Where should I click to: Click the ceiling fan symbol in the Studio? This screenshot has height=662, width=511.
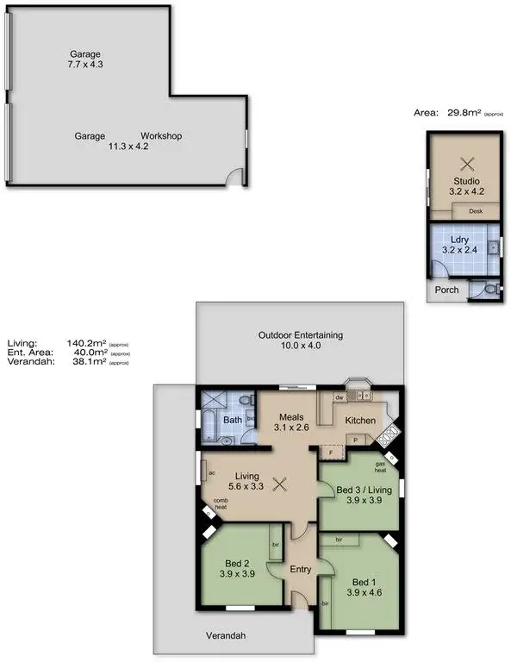pos(467,164)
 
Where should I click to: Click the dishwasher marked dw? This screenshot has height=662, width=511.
pos(341,397)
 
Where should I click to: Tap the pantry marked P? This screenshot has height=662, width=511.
pos(355,440)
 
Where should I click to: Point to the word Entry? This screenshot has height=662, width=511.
pos(301,569)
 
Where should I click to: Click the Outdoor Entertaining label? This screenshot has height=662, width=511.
pos(301,334)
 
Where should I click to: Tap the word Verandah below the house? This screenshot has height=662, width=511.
pos(225,636)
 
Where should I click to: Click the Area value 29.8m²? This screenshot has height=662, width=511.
pos(464,112)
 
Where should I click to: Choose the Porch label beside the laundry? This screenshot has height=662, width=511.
pos(446,290)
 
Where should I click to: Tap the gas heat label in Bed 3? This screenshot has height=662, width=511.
pos(380,467)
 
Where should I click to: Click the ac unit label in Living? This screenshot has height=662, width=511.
pos(211,472)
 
